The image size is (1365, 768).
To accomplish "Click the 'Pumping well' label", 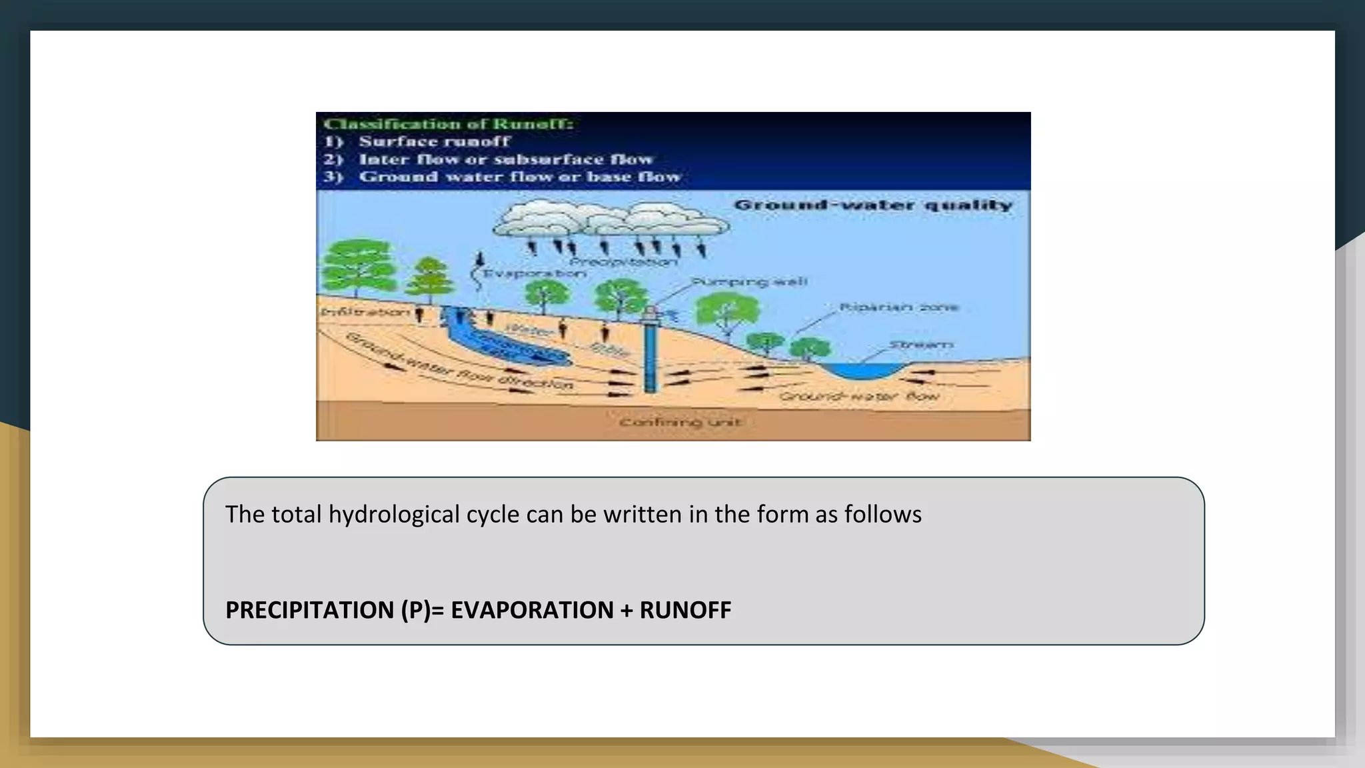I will (749, 281).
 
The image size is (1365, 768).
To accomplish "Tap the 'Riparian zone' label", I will (898, 307).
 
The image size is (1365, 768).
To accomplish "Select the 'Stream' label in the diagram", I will (920, 345).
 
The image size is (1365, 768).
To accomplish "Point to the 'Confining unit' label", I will (680, 423).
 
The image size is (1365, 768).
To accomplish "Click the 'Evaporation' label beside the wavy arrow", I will (534, 273).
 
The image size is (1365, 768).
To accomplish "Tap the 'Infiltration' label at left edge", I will (365, 312).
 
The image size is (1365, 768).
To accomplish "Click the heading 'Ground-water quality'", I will (872, 205).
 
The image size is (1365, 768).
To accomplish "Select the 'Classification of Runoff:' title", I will (448, 124).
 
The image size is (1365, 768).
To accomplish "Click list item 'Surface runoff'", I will (434, 141).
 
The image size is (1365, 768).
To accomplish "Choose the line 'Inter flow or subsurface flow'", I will (506, 159).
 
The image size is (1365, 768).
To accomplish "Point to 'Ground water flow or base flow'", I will (520, 177).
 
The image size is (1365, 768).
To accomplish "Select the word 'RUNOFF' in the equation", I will (685, 610).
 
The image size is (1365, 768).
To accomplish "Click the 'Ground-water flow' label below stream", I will (859, 397).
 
